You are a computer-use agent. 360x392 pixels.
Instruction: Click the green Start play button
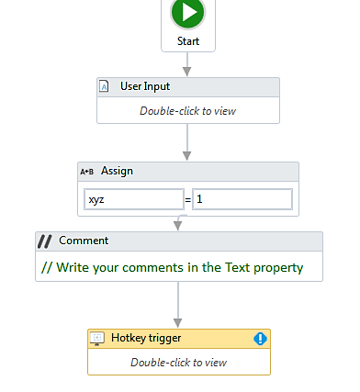click(x=187, y=13)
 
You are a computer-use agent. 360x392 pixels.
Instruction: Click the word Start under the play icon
click(x=188, y=41)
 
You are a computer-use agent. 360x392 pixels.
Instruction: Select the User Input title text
click(x=145, y=87)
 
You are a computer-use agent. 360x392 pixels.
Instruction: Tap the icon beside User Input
click(x=106, y=87)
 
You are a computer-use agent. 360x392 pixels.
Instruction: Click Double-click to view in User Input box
click(x=187, y=110)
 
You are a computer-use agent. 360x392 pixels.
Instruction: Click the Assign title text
click(x=117, y=171)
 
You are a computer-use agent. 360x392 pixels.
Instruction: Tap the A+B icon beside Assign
click(x=88, y=172)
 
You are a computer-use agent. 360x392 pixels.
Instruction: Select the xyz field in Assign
click(x=133, y=198)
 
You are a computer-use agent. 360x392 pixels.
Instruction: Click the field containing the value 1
click(x=242, y=198)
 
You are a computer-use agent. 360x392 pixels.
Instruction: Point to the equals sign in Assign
click(x=188, y=199)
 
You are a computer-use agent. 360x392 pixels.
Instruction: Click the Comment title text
click(x=84, y=241)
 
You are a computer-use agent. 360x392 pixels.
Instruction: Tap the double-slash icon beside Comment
click(x=45, y=241)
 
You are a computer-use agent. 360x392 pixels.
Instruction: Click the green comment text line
click(x=173, y=268)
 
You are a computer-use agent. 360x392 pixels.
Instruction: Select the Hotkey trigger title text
click(x=147, y=339)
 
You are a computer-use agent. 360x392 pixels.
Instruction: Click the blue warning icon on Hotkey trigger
click(x=260, y=339)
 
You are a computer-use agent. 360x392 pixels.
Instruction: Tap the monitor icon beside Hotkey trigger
click(x=97, y=339)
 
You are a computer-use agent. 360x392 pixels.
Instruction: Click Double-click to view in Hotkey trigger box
click(x=178, y=362)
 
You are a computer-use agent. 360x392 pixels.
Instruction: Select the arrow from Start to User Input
click(x=187, y=64)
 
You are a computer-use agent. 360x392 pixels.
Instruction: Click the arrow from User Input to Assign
click(x=187, y=142)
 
